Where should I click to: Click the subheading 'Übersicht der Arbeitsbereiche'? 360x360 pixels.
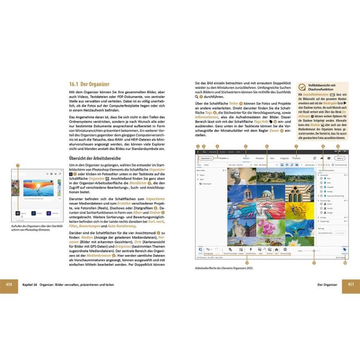(92, 158)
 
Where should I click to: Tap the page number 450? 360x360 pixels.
(8, 284)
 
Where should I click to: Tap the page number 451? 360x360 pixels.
(351, 284)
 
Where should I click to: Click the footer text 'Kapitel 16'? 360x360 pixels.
(28, 284)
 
